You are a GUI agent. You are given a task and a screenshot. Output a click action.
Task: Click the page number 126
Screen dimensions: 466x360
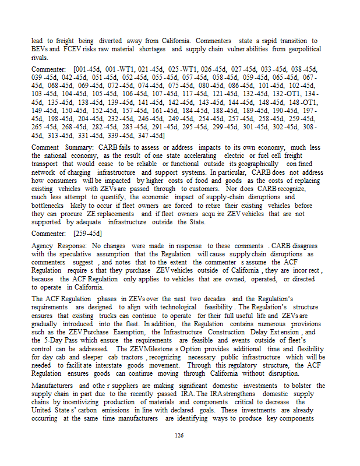coord(179,435)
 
